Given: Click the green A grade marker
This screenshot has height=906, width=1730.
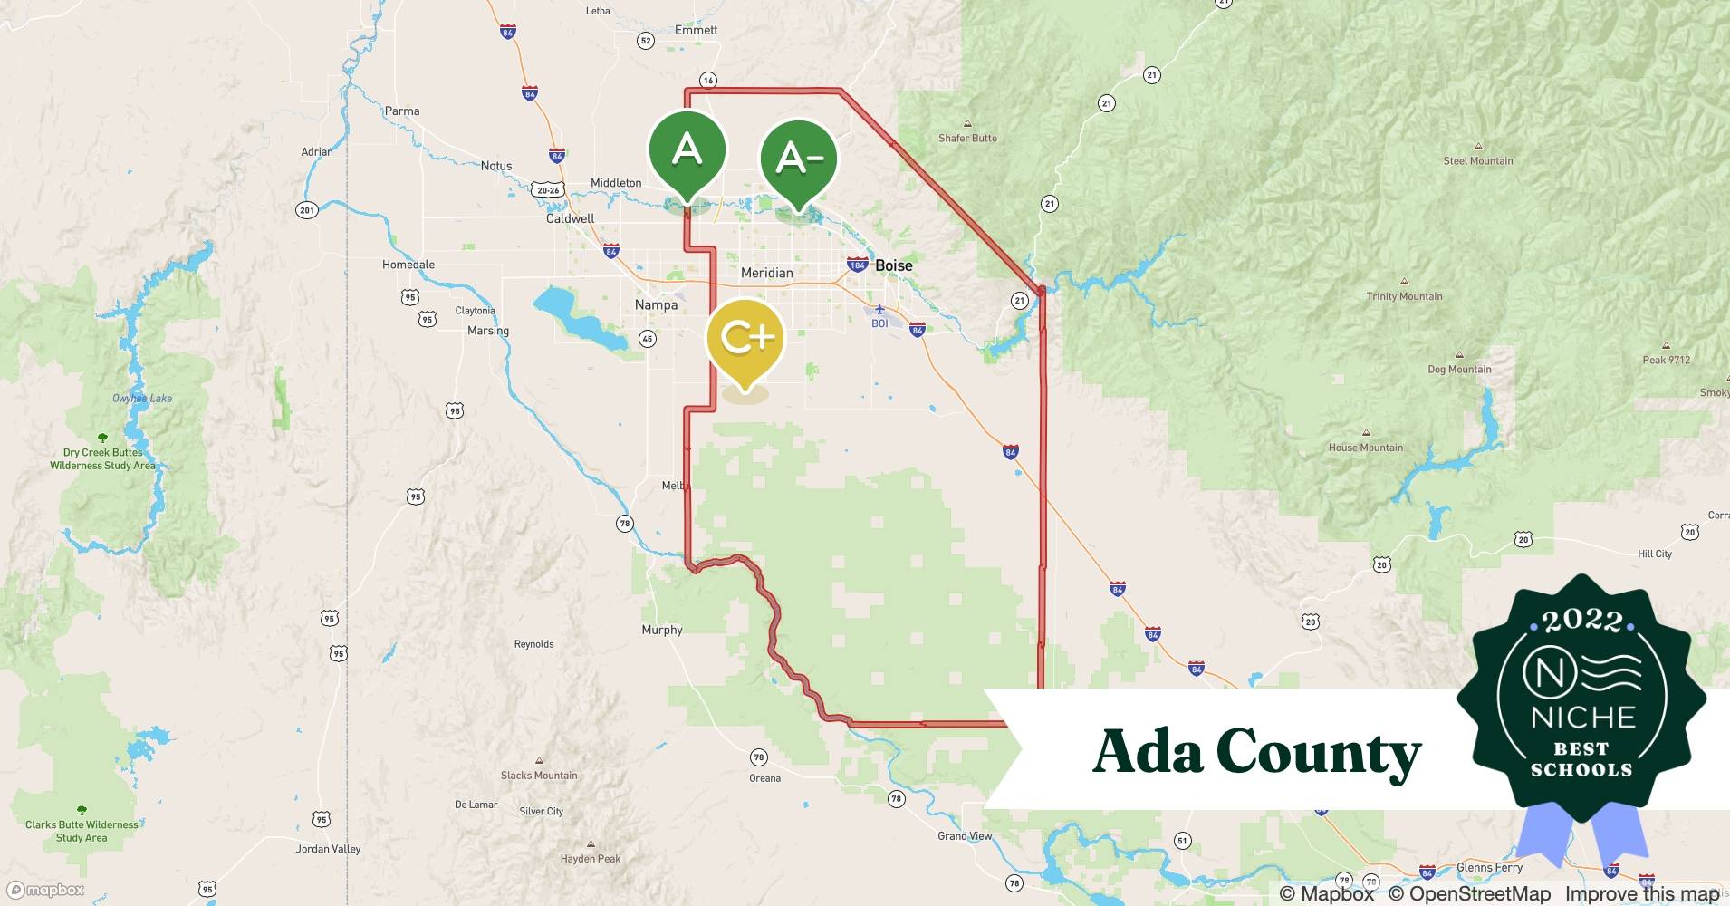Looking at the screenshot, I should [x=687, y=149].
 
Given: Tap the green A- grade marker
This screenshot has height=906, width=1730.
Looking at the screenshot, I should [x=798, y=159].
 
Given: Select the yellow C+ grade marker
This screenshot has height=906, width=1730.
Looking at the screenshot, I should [x=745, y=338].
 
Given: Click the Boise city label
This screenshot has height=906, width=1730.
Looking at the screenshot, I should [x=893, y=265].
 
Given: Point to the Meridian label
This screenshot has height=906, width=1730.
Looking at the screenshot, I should [x=766, y=273].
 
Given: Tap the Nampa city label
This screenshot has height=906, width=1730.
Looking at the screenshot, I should [x=656, y=305].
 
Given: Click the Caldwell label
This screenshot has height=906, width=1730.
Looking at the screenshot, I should [x=570, y=218].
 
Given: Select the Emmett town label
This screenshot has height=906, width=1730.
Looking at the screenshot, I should [x=696, y=30].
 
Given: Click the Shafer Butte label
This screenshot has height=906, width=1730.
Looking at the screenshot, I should [x=967, y=138].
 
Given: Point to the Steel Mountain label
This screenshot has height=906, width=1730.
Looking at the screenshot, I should [x=1478, y=160].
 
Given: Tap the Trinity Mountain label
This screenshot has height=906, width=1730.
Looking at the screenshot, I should [x=1404, y=296].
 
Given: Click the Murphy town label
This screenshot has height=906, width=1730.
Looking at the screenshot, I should [x=661, y=630].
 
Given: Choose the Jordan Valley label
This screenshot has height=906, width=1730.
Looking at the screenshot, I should [x=328, y=849].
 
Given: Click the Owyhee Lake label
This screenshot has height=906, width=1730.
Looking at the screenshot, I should [x=142, y=399].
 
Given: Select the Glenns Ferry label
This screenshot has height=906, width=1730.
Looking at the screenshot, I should [x=1489, y=867].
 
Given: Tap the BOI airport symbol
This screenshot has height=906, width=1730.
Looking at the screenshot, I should [x=879, y=311].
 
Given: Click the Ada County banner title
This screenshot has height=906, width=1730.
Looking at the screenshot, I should [x=1256, y=752].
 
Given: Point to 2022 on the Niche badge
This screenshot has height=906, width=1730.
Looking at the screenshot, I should [x=1581, y=621].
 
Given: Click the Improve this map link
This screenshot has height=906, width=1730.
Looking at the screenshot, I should [x=1641, y=893].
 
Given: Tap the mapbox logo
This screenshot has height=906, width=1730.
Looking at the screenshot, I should [x=46, y=890].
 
